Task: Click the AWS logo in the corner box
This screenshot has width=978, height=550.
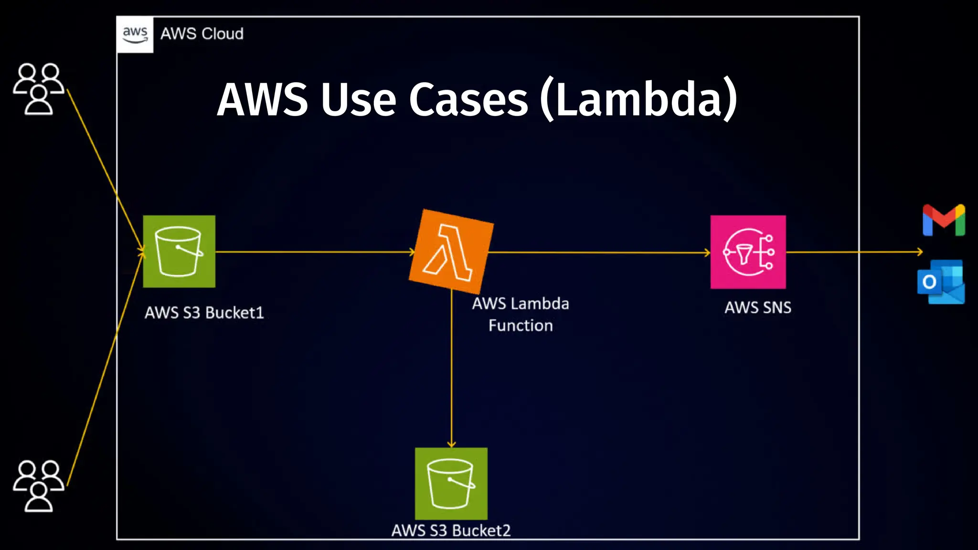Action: point(135,34)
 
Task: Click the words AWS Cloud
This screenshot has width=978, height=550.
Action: point(202,34)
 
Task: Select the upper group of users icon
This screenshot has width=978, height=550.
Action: point(38,89)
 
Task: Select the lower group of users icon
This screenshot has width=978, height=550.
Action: point(38,486)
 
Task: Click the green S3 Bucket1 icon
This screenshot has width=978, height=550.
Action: point(179,252)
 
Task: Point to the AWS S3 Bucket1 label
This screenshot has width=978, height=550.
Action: point(204,313)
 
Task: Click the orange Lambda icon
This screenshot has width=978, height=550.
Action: point(451,252)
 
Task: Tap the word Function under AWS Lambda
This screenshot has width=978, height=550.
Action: point(521,326)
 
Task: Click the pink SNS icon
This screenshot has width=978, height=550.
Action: point(748,252)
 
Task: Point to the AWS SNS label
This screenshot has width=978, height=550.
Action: point(758,307)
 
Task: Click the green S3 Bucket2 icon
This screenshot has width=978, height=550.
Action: point(451,484)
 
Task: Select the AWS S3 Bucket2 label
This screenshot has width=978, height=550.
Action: point(451,530)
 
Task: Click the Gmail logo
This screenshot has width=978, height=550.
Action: point(944,220)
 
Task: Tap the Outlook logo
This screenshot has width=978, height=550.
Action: point(941,282)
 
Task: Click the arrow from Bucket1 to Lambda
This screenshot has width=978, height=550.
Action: point(315,252)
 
